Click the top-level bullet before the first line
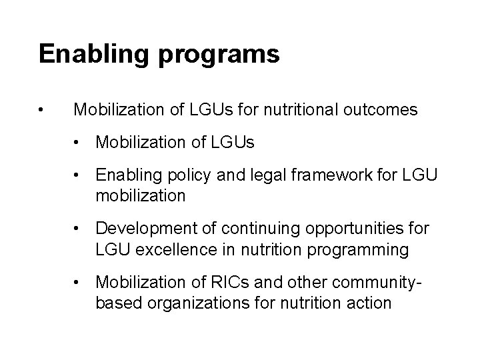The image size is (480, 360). click(x=42, y=110)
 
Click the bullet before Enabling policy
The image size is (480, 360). click(x=79, y=175)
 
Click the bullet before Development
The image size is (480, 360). click(x=79, y=230)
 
